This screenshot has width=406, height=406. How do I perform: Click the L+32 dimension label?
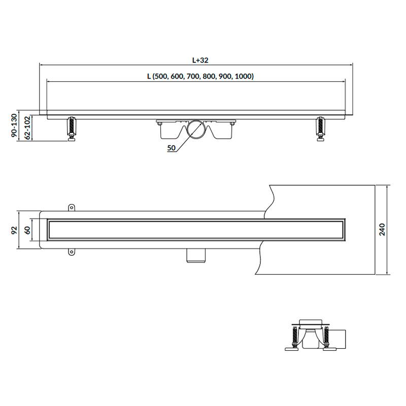tap(200, 60)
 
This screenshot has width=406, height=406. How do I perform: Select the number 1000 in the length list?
tap(243, 77)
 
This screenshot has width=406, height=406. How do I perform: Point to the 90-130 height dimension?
tap(14, 125)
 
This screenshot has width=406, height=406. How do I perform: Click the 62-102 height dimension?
tap(27, 128)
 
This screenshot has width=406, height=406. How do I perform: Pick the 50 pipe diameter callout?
tap(171, 148)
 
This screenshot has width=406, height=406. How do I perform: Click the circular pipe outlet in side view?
tap(196, 129)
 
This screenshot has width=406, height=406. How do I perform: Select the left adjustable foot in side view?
tap(72, 129)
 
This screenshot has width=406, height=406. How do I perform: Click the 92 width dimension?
tap(14, 230)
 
